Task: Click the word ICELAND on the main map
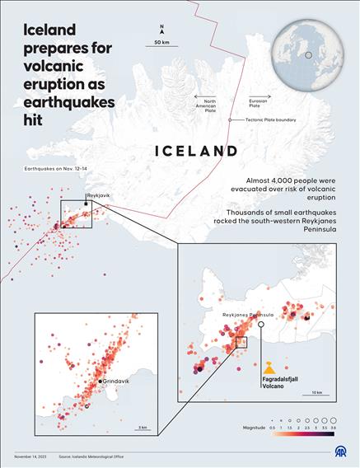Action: [197, 151]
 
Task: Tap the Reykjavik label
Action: [98, 195]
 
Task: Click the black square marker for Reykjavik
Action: [85, 203]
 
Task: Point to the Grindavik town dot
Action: [100, 381]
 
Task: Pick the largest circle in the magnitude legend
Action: [332, 419]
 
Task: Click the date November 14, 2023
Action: [31, 456]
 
